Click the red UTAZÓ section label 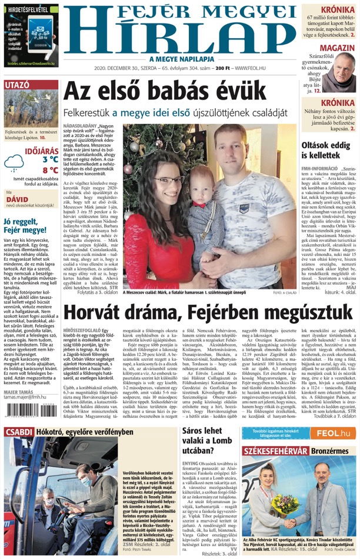pos(17,85)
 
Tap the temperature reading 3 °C pos(50,159)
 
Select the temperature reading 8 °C pos(50,170)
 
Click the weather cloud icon pos(15,164)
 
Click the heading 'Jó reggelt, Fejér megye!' pos(29,226)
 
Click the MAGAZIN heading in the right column pos(338,48)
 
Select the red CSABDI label pos(19,433)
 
